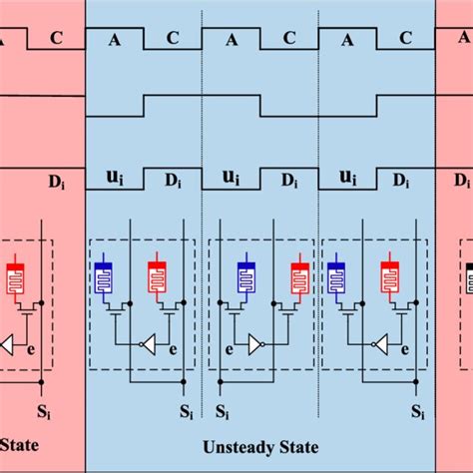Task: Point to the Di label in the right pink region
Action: pyautogui.click(x=462, y=181)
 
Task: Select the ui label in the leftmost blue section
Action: pyautogui.click(x=115, y=179)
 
